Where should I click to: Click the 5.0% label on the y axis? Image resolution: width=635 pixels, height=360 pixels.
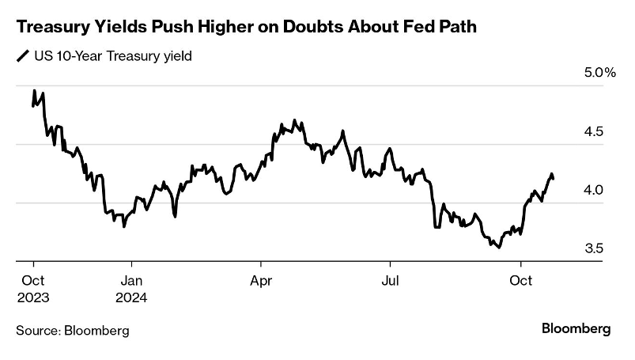point(599,73)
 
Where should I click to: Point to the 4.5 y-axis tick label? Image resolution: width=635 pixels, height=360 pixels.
point(595,131)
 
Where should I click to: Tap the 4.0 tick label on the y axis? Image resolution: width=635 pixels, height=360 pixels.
point(595,190)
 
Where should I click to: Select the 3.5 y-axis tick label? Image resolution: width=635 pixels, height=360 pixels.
point(595,248)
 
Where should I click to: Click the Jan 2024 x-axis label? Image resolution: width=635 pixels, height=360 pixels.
point(131,290)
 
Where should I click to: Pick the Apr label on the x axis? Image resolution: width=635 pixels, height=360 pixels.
point(261,280)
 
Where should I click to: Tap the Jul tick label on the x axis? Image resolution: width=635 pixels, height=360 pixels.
point(389,280)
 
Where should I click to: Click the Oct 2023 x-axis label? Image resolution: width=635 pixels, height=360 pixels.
point(33,290)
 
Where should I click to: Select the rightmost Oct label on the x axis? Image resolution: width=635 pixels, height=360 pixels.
point(520,280)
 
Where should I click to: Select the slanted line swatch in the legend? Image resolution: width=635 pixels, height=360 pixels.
point(21,56)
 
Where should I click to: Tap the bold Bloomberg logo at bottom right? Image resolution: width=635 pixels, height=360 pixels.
point(576,328)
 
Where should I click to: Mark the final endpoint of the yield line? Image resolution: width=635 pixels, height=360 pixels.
point(554,179)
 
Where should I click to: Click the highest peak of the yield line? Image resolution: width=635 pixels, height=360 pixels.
point(35,90)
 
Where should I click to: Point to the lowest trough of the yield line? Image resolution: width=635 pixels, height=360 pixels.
point(498,248)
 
